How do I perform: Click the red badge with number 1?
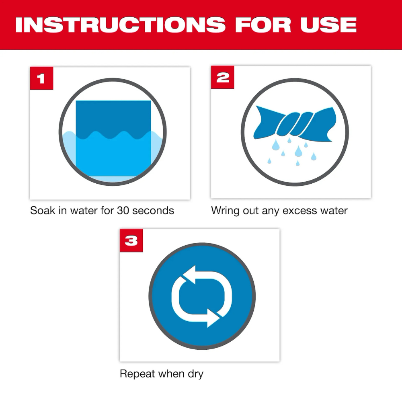(x=41, y=78)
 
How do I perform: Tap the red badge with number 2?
(x=222, y=78)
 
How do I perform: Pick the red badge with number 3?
(x=131, y=241)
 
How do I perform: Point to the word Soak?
(x=43, y=210)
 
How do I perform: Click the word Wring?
(x=225, y=210)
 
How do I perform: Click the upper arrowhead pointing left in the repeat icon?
(x=186, y=275)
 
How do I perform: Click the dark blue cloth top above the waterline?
(x=113, y=117)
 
